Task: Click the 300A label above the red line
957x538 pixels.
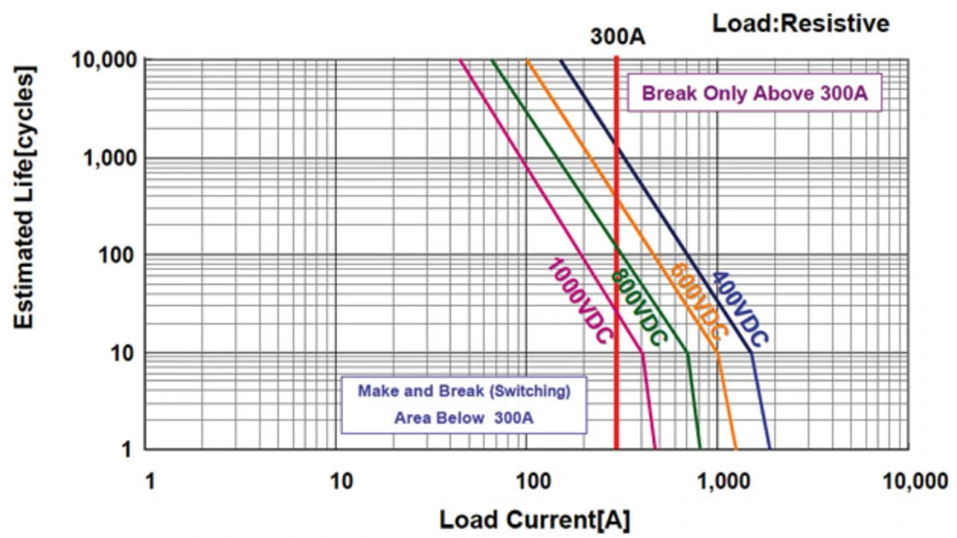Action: click(x=618, y=37)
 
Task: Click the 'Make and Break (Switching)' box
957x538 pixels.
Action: click(x=464, y=404)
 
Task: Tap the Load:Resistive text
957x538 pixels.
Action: click(x=801, y=23)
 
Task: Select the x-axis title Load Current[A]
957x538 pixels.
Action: click(x=534, y=519)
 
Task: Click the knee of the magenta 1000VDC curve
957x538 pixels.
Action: click(x=642, y=352)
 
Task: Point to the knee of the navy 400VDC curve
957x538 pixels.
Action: click(x=751, y=352)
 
